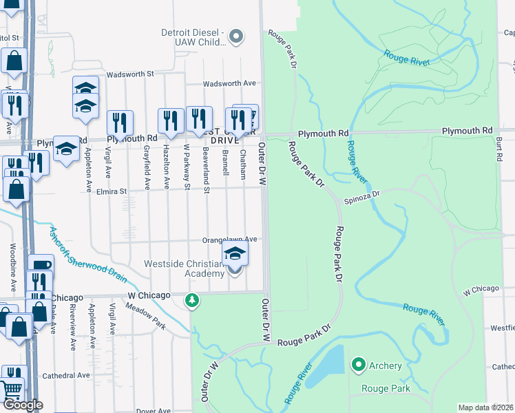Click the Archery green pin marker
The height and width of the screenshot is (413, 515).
point(358,365)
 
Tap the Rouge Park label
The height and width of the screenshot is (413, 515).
point(386,388)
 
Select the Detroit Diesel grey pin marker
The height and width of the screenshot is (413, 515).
point(236,36)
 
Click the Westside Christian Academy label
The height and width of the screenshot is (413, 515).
point(184,268)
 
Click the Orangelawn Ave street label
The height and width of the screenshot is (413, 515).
point(229,240)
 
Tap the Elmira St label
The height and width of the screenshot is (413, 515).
point(112,191)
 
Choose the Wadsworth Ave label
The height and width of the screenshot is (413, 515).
point(229,83)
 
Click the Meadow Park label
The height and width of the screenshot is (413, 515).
point(151,317)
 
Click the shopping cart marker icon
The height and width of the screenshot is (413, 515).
point(12,389)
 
